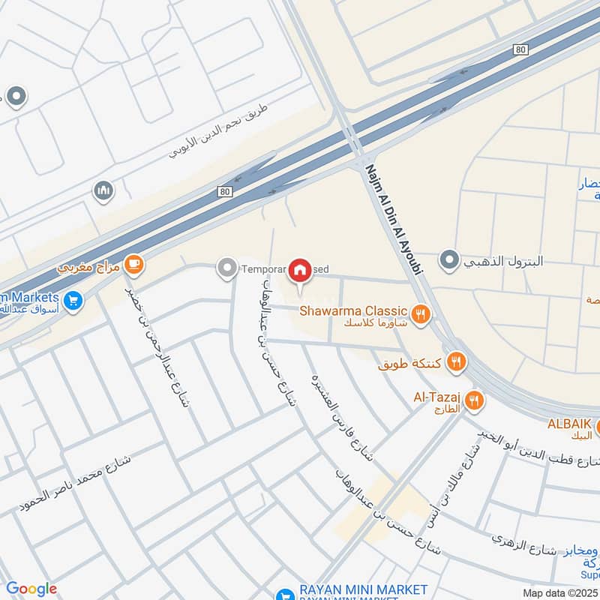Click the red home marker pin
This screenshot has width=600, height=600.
point(301,270)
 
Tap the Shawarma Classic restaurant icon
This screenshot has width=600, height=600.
point(421,314)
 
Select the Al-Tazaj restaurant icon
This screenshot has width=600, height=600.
point(472,400)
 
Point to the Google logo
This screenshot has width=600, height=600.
point(31,589)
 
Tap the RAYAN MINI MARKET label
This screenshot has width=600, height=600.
point(363,590)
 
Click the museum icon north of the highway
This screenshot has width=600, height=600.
point(103,192)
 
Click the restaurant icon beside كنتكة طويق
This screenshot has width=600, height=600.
point(456,364)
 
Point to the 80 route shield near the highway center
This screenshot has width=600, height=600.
point(226,193)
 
